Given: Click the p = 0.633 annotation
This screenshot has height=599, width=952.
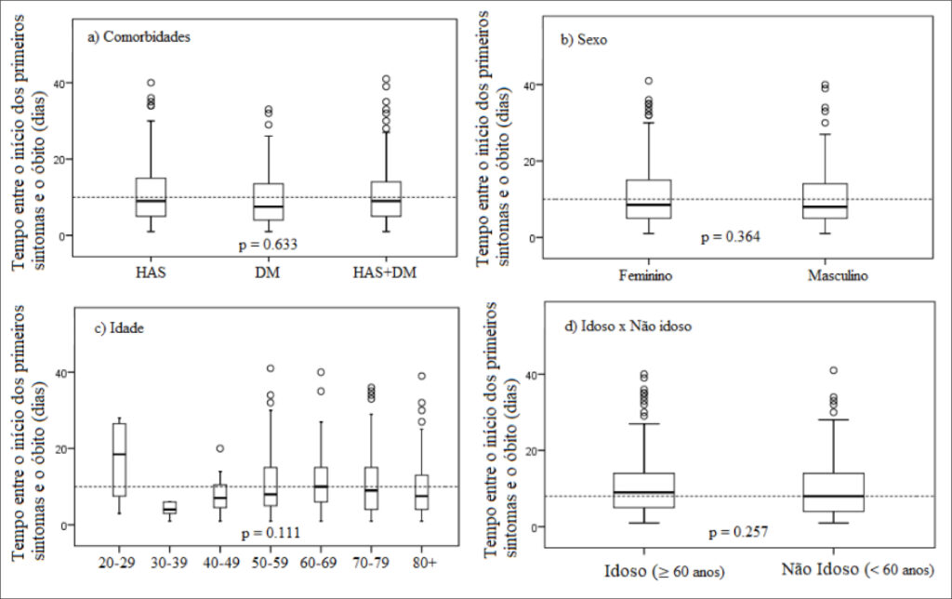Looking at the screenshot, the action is tap(268, 245).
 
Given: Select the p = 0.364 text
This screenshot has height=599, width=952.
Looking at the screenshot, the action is tap(731, 236).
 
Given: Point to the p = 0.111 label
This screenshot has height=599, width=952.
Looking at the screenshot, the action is tap(271, 533).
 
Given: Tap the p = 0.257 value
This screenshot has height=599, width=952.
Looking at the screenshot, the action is tap(738, 532).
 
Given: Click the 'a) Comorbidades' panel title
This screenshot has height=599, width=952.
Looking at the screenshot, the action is tap(139, 37).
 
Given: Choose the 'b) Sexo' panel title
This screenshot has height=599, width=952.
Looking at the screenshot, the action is tap(584, 40).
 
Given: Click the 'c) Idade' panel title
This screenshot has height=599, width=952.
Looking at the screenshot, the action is tap(119, 328).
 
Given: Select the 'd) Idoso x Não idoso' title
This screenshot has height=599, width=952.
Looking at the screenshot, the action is tap(628, 326).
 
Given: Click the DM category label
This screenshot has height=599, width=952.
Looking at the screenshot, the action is tap(267, 273).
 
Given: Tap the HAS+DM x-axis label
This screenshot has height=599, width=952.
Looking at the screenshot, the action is tap(385, 273).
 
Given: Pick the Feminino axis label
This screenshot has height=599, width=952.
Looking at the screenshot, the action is tap(645, 276).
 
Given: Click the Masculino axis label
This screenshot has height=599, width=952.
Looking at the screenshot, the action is tap(838, 276).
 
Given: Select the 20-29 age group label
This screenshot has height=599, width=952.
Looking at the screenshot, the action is tap(117, 563).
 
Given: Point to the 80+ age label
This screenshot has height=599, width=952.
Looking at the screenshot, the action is tap(423, 563).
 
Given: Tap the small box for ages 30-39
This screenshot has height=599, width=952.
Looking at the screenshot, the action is tap(169, 507).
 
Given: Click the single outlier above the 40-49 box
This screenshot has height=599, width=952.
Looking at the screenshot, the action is tap(219, 448).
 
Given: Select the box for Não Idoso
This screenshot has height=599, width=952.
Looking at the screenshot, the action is tap(834, 492).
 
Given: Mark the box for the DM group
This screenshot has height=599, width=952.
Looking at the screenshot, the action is tap(269, 202).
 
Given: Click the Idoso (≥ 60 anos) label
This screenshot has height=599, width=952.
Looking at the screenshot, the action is tap(664, 572).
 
